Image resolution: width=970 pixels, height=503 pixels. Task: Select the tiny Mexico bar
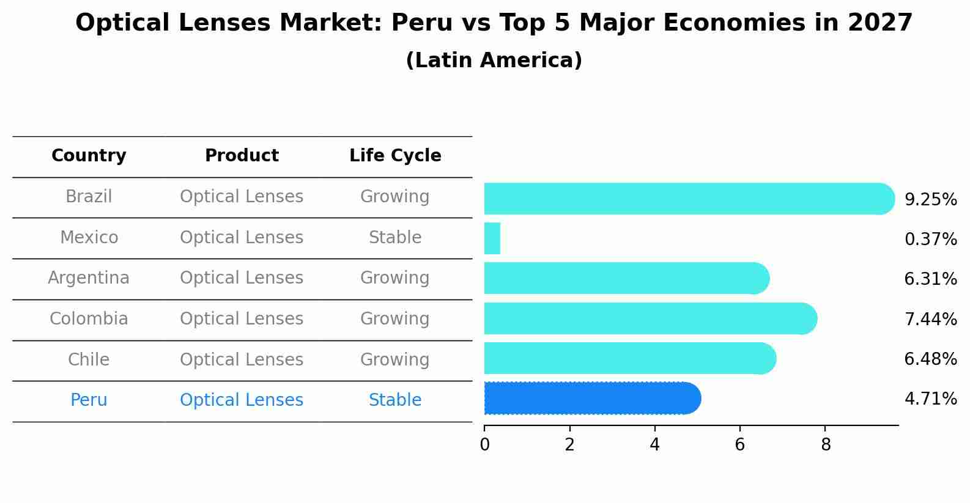tap(492, 238)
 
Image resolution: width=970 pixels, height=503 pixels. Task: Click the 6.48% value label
tap(930, 359)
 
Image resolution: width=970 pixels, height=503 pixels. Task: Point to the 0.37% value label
tap(930, 239)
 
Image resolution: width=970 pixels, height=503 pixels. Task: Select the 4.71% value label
tap(930, 399)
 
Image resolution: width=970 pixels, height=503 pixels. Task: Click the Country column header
tap(89, 156)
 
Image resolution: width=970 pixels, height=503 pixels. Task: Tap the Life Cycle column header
tap(395, 156)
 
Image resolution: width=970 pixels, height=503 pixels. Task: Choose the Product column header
tap(242, 156)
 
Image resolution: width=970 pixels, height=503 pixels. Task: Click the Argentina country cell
tap(89, 278)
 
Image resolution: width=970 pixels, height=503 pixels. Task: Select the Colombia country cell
tap(89, 319)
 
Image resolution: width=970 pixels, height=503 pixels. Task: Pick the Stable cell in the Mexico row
tap(395, 238)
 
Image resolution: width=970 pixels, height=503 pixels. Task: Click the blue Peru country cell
tap(89, 400)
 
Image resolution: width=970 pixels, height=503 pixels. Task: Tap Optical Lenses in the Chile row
tap(242, 359)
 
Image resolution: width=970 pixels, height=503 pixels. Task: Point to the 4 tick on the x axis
tap(654, 444)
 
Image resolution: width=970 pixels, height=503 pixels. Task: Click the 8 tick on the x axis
tap(825, 444)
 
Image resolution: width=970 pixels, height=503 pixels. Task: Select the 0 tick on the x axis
tap(484, 444)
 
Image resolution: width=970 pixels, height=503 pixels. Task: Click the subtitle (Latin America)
tap(494, 61)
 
